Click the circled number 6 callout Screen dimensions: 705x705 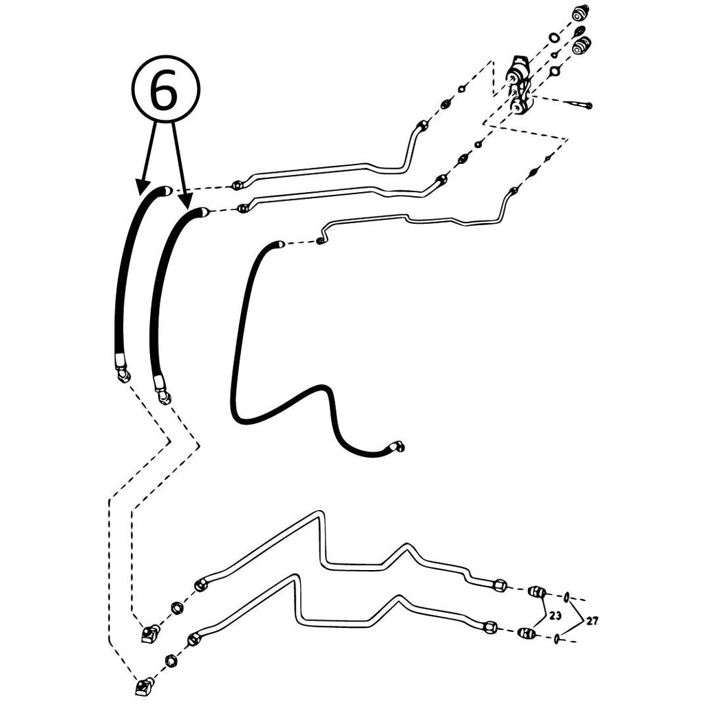(165, 90)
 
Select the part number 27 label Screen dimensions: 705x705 (593, 621)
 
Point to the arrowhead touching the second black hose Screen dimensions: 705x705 (185, 202)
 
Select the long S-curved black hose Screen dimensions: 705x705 (288, 350)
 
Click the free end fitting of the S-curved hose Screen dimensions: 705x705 (398, 445)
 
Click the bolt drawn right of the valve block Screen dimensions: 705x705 (580, 105)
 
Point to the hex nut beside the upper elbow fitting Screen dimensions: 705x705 (177, 609)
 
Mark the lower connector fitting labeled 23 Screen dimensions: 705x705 (527, 633)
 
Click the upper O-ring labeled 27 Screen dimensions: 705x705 (567, 597)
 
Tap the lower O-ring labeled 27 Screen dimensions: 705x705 (558, 638)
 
